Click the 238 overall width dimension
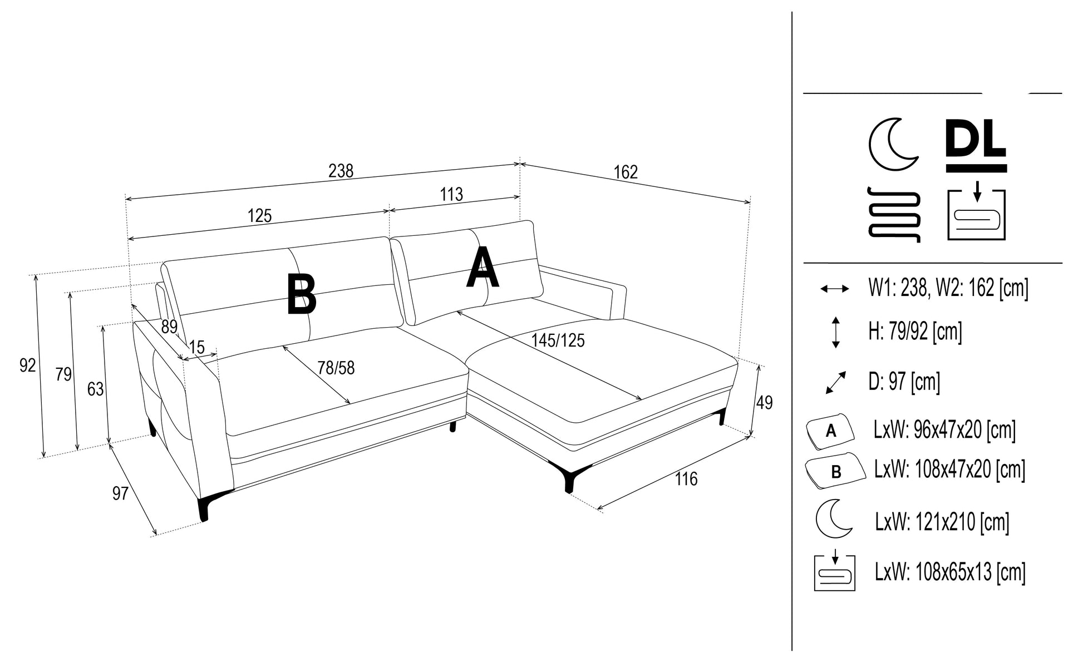[341, 171]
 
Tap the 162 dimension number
[626, 172]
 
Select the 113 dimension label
[451, 195]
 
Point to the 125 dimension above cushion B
[259, 216]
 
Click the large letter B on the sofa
[301, 294]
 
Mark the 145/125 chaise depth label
[558, 340]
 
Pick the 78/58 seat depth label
[336, 368]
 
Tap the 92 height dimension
[27, 365]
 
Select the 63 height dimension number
[95, 389]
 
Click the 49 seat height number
[764, 403]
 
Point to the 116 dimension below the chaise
[686, 479]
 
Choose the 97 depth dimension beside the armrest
[120, 493]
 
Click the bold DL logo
[976, 145]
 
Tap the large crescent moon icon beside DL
[892, 144]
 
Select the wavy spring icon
[894, 215]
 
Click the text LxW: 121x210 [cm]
[942, 522]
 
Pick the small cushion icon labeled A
[830, 431]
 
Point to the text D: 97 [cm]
[904, 382]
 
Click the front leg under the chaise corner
[569, 480]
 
